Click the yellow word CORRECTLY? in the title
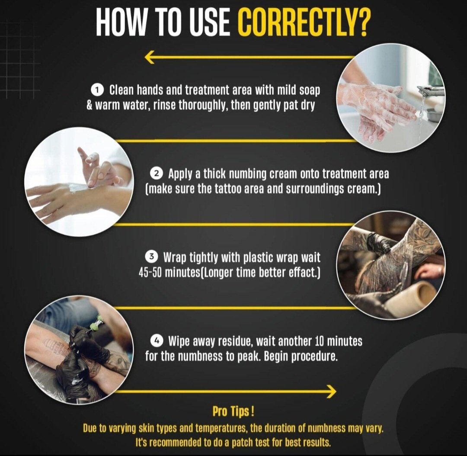point(303,22)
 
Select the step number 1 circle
point(97,90)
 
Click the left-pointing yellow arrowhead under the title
point(150,57)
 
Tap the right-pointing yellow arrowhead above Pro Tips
point(331,392)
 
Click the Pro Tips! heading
point(233,411)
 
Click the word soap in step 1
point(309,90)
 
